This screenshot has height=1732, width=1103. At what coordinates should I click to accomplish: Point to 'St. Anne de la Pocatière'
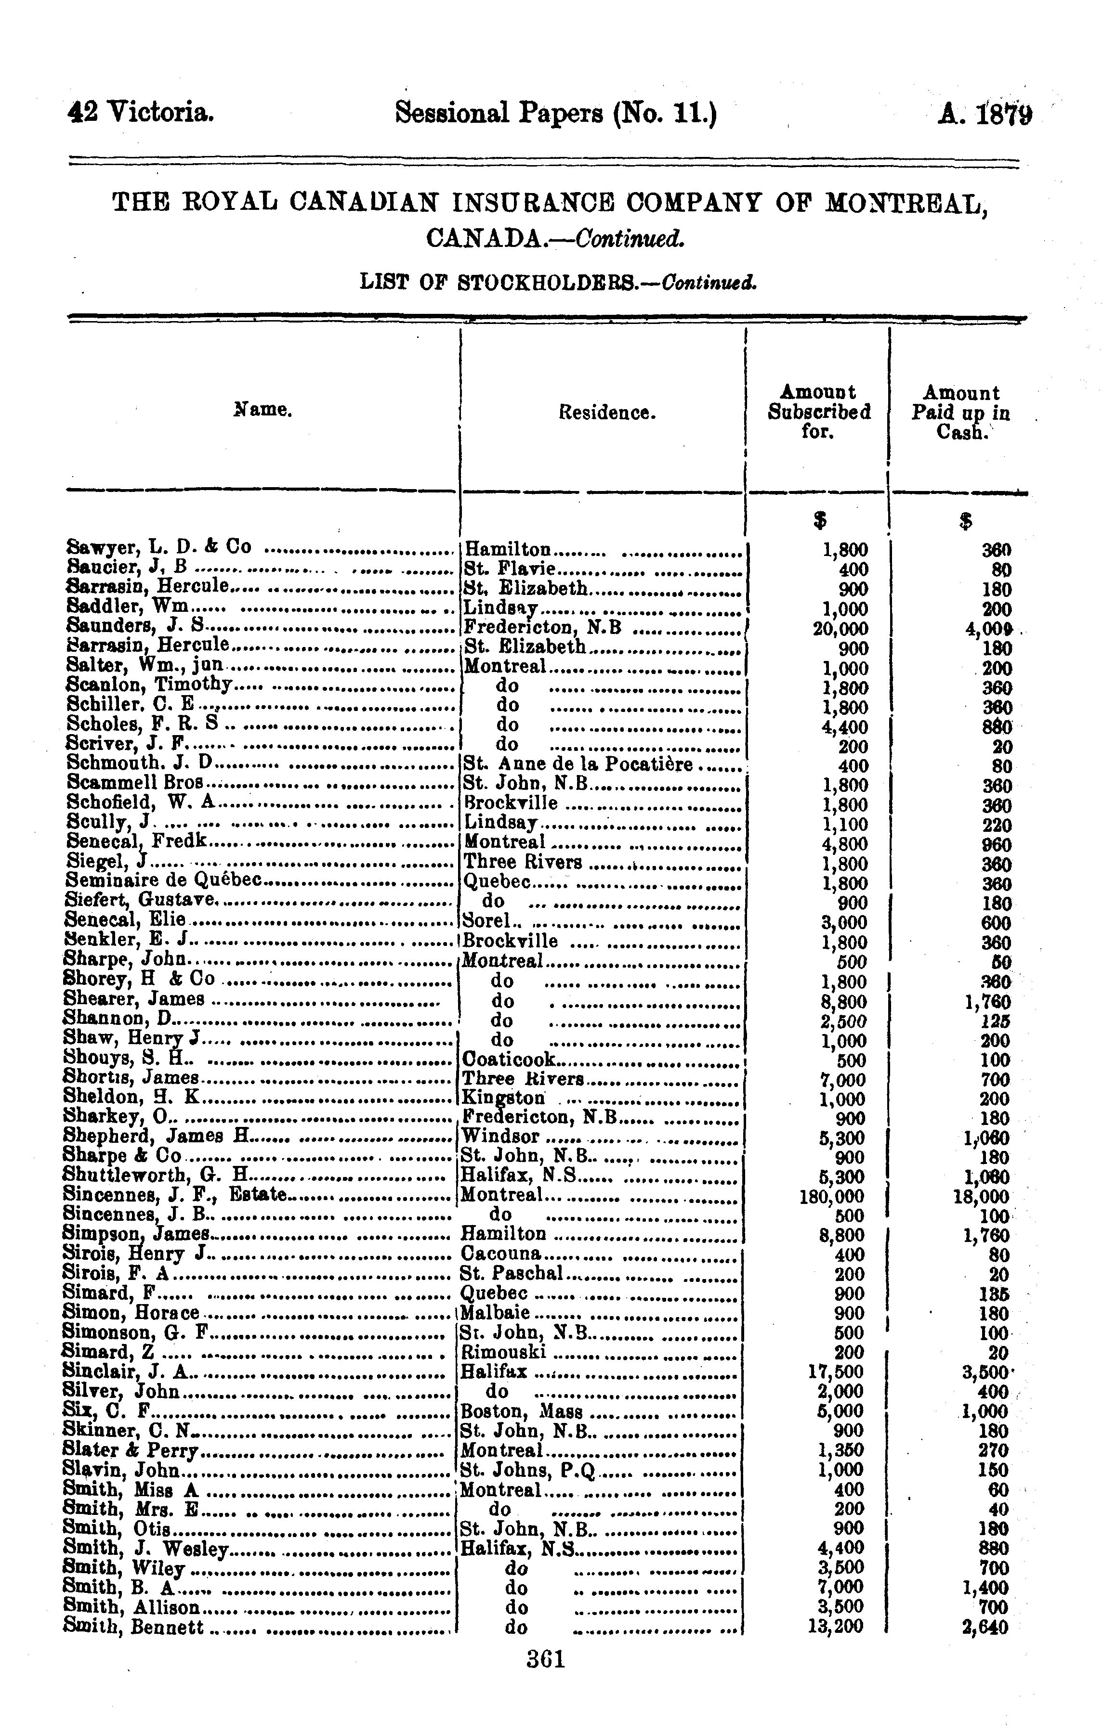point(578,764)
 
